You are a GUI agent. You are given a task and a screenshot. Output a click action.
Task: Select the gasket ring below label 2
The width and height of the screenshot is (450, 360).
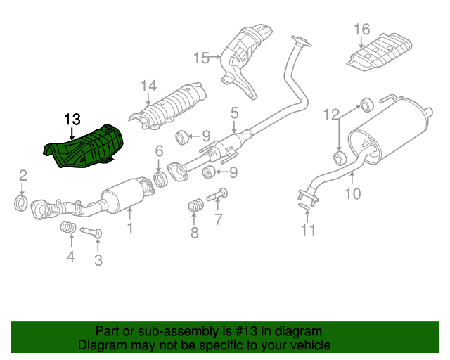pyautogui.click(x=22, y=205)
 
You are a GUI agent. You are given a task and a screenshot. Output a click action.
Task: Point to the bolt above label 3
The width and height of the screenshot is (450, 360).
pyautogui.click(x=92, y=231)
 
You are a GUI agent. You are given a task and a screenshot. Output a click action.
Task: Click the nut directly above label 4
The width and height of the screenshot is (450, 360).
pyautogui.click(x=68, y=227)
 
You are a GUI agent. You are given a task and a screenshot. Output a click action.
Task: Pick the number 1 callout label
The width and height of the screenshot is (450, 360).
pyautogui.click(x=129, y=227)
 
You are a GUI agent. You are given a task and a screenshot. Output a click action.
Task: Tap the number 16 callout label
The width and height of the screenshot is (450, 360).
pyautogui.click(x=361, y=29)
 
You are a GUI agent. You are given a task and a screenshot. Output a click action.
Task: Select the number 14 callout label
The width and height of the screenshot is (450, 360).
pyautogui.click(x=148, y=86)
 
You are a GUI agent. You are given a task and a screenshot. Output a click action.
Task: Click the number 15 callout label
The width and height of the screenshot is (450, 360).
pyautogui.click(x=202, y=58)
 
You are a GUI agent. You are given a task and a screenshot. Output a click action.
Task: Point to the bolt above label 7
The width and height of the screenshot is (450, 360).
pyautogui.click(x=218, y=191)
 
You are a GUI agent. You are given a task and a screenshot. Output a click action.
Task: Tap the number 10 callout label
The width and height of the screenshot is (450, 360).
pyautogui.click(x=353, y=192)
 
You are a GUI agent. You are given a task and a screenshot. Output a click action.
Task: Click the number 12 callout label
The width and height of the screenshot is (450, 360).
pyautogui.click(x=331, y=113)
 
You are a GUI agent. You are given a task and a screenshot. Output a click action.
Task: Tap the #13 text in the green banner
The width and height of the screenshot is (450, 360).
pyautogui.click(x=240, y=331)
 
